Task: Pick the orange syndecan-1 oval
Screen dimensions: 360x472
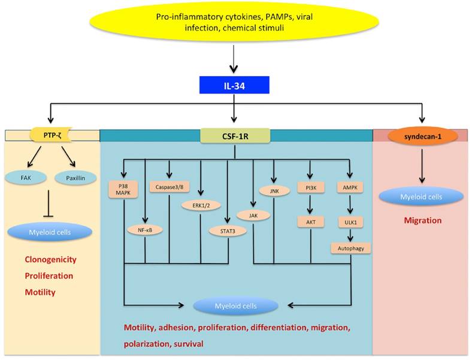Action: [422, 136]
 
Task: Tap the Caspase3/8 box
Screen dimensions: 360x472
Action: [169, 186]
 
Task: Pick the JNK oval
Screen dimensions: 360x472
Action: [275, 190]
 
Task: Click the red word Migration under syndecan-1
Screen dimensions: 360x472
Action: [422, 220]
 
